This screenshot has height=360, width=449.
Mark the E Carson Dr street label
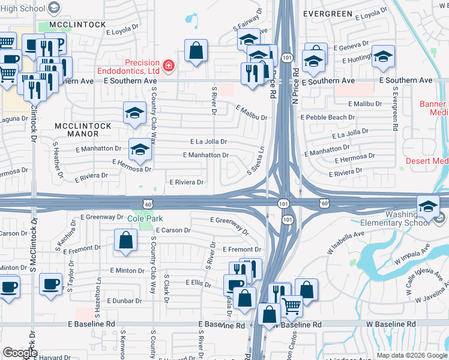click(173, 230)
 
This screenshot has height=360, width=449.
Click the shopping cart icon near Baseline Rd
click(292, 305)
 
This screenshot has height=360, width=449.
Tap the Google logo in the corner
click(19, 353)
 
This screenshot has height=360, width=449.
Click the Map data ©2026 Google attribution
click(412, 355)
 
